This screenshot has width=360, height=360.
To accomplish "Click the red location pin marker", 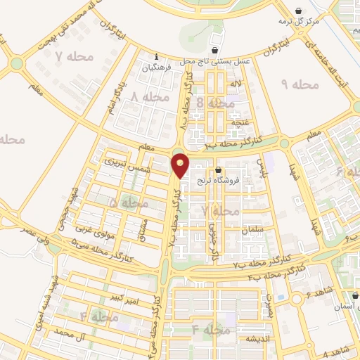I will pos(181,165).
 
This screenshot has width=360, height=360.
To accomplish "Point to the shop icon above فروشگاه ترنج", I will pos(218,169).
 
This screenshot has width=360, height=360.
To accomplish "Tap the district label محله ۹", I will pos(300,84).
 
